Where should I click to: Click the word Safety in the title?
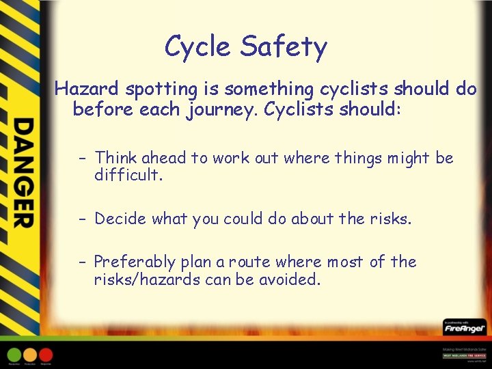[x=284, y=47]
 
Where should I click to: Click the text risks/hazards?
[x=141, y=279]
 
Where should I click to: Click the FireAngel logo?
[x=464, y=329]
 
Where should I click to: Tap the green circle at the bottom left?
[x=14, y=355]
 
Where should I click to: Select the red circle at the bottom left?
[x=46, y=355]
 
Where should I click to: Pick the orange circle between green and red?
[x=30, y=355]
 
